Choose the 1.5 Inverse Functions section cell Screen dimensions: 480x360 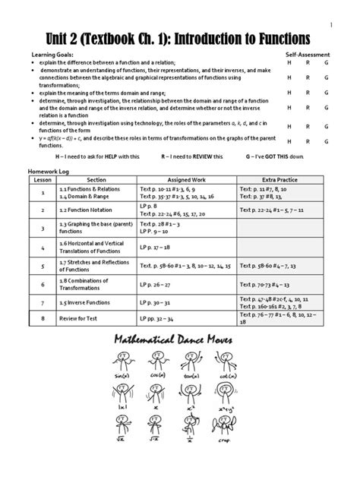(86, 302)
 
